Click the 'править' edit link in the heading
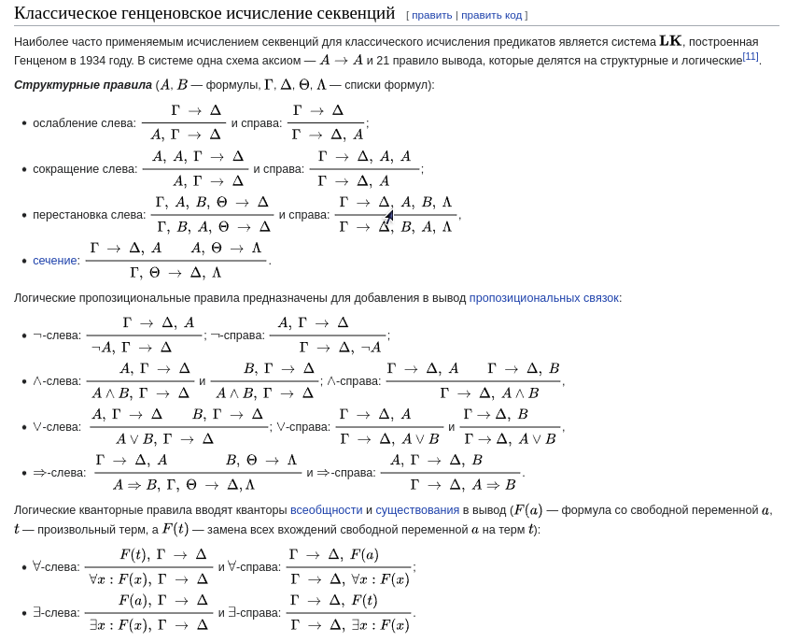coord(431,15)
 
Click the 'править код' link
coord(491,15)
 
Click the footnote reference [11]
coord(751,57)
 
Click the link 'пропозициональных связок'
coord(543,298)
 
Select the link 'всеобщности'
coord(326,510)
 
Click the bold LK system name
coord(670,41)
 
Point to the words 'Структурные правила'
coord(83,85)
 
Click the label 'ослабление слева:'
coord(84,123)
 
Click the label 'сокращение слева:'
coord(85,169)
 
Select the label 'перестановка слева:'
coord(89,215)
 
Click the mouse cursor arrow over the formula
coord(389,217)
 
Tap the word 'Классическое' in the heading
coord(64,13)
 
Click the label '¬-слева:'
coord(57,335)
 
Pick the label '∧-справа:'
coord(353,381)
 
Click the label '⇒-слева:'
coord(59,473)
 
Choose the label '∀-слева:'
coord(56,566)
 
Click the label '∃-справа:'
coord(254,613)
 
